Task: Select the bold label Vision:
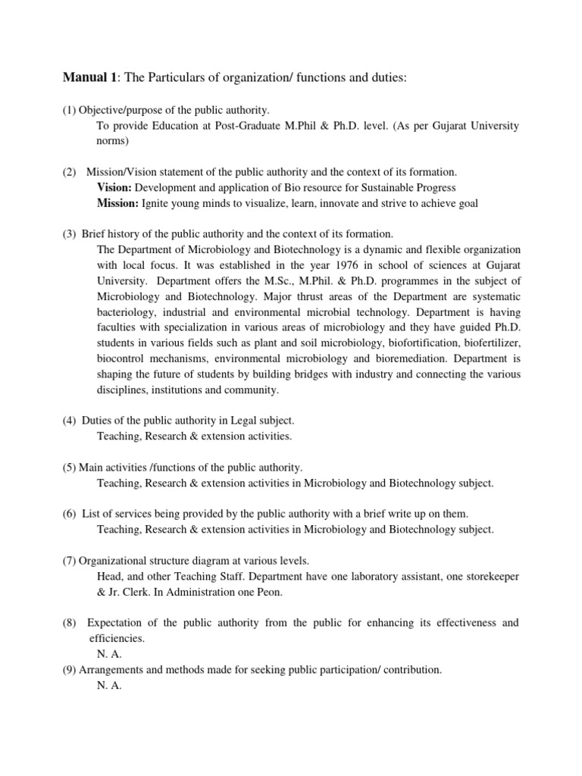[x=114, y=187]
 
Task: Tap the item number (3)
[x=70, y=233]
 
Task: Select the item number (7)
[x=70, y=561]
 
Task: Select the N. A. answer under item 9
[x=110, y=685]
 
